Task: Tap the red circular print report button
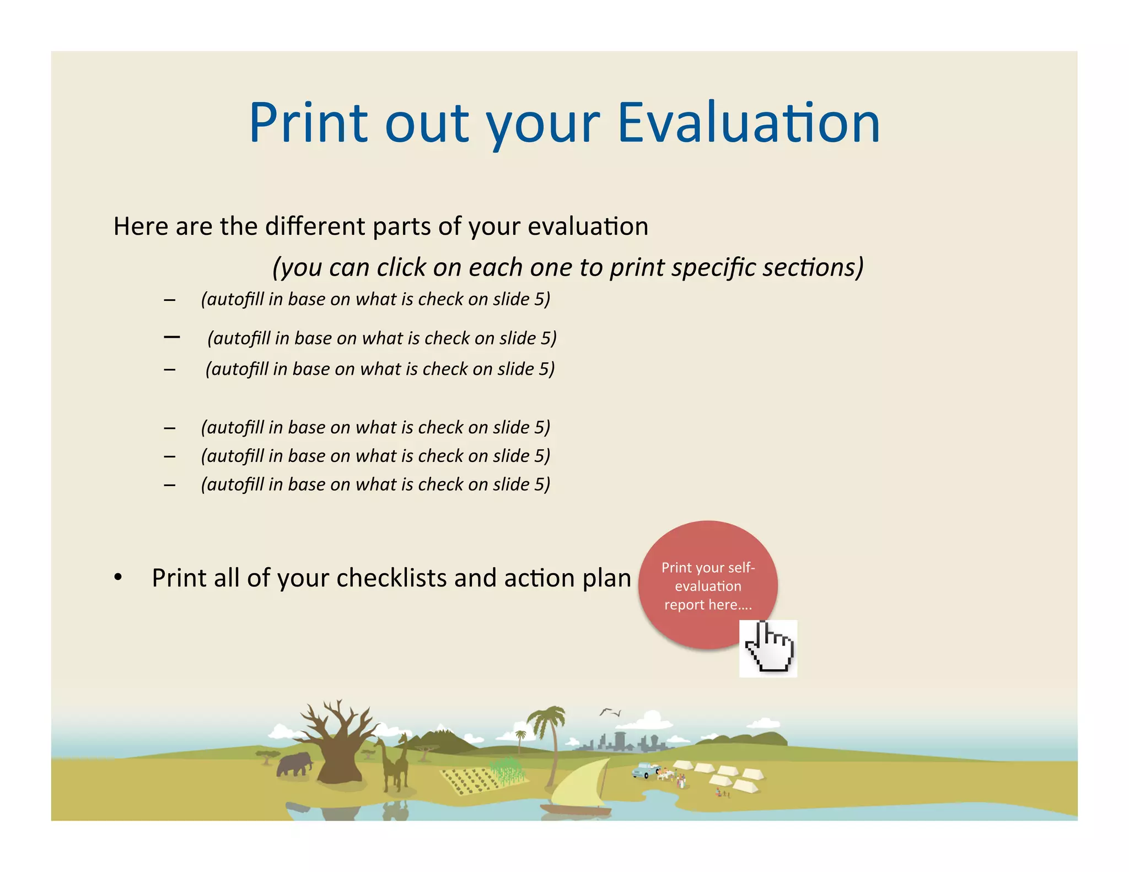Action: (707, 585)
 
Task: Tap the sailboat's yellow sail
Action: (579, 785)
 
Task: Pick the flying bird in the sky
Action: (610, 712)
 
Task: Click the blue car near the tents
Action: (644, 770)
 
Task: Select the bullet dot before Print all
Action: (117, 578)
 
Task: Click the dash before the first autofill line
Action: (170, 300)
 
